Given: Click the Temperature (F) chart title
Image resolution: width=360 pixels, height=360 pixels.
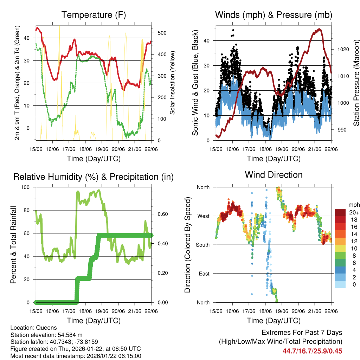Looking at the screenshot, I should [94, 15].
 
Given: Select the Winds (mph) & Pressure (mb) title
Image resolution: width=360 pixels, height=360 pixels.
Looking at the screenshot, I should [274, 15].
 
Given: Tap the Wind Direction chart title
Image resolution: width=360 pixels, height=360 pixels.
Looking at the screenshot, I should [274, 175].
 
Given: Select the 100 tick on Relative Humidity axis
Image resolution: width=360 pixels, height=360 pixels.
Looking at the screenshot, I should [28, 187].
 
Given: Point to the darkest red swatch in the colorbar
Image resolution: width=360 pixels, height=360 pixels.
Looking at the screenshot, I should [341, 212].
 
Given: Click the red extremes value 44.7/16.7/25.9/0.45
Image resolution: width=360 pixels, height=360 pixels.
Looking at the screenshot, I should [312, 351].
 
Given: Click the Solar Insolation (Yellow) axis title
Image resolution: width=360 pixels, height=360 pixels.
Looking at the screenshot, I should [173, 83].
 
